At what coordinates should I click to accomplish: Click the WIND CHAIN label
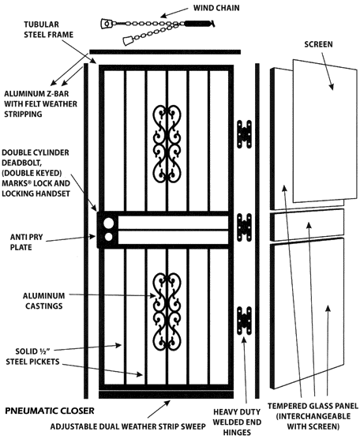216,8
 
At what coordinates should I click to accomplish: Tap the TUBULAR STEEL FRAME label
48,29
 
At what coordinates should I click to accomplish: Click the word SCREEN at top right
319,44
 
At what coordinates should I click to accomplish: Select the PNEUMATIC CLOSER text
50,411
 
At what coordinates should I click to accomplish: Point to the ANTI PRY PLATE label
26,242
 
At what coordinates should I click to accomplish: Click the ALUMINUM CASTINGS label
43,301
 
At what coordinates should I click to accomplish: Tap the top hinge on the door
244,134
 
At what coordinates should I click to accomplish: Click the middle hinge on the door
244,227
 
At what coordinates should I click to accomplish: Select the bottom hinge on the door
244,321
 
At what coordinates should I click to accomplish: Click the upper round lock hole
109,223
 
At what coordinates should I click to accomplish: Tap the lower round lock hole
109,237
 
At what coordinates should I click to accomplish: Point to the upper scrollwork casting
167,144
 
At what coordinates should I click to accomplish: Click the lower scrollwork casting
167,311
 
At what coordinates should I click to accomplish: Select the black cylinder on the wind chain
197,24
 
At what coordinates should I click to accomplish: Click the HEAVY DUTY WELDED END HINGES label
237,422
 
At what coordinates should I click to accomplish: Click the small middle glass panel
307,225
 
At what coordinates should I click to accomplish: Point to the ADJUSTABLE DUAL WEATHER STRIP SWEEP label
128,426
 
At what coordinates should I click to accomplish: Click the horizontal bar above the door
165,52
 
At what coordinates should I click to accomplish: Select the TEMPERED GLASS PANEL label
313,416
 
